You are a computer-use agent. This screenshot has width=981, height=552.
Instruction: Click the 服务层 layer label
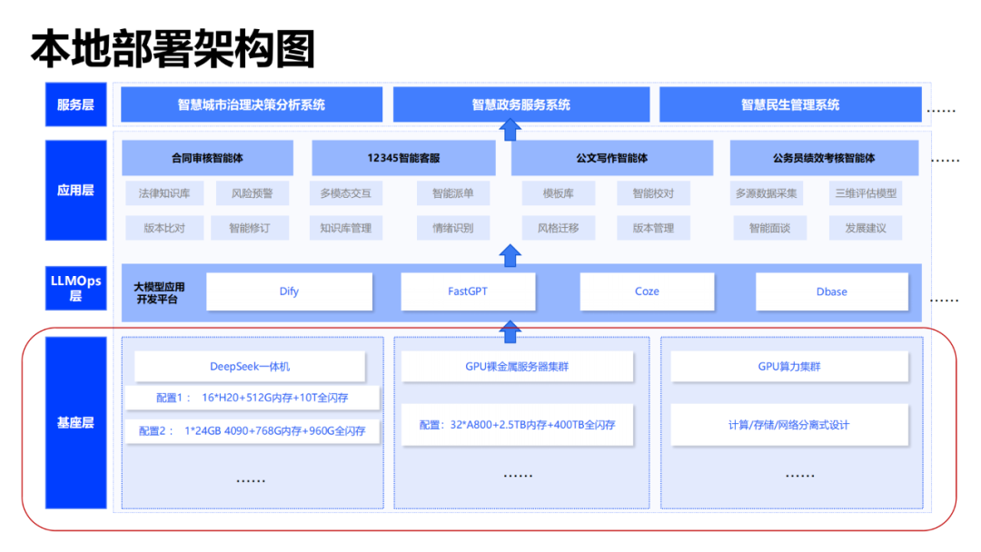click(x=75, y=104)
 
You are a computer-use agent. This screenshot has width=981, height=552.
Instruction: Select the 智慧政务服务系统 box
click(x=521, y=104)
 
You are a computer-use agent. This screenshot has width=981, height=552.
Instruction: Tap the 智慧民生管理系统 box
click(x=790, y=104)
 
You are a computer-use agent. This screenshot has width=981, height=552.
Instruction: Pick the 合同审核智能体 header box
click(x=207, y=158)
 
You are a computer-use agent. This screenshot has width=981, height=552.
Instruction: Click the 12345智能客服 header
click(x=403, y=158)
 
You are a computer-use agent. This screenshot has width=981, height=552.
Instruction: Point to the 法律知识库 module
click(x=164, y=193)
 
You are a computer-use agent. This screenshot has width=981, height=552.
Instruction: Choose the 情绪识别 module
click(x=453, y=228)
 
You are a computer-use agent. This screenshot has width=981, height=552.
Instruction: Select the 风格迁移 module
click(x=558, y=228)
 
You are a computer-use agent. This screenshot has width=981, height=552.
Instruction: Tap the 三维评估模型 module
click(x=866, y=193)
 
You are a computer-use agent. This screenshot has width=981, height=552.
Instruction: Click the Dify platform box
click(x=289, y=291)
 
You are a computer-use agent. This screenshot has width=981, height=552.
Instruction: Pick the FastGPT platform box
click(x=468, y=291)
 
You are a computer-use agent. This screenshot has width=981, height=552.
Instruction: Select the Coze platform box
click(x=647, y=291)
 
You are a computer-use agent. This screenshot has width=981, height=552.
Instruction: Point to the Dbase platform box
click(x=831, y=291)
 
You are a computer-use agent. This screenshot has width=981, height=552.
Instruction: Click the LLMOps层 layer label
click(x=75, y=288)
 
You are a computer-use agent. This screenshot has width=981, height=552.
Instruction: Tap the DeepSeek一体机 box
click(x=250, y=366)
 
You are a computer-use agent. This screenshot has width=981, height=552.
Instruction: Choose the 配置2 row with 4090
click(x=253, y=430)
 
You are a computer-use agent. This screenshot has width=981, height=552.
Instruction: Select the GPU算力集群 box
click(x=789, y=366)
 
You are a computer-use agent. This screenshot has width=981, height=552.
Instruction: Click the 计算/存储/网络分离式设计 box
click(x=789, y=425)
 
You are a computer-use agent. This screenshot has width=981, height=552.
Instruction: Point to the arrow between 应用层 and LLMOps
click(x=510, y=255)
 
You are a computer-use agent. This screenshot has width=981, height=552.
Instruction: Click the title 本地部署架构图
click(x=173, y=49)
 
